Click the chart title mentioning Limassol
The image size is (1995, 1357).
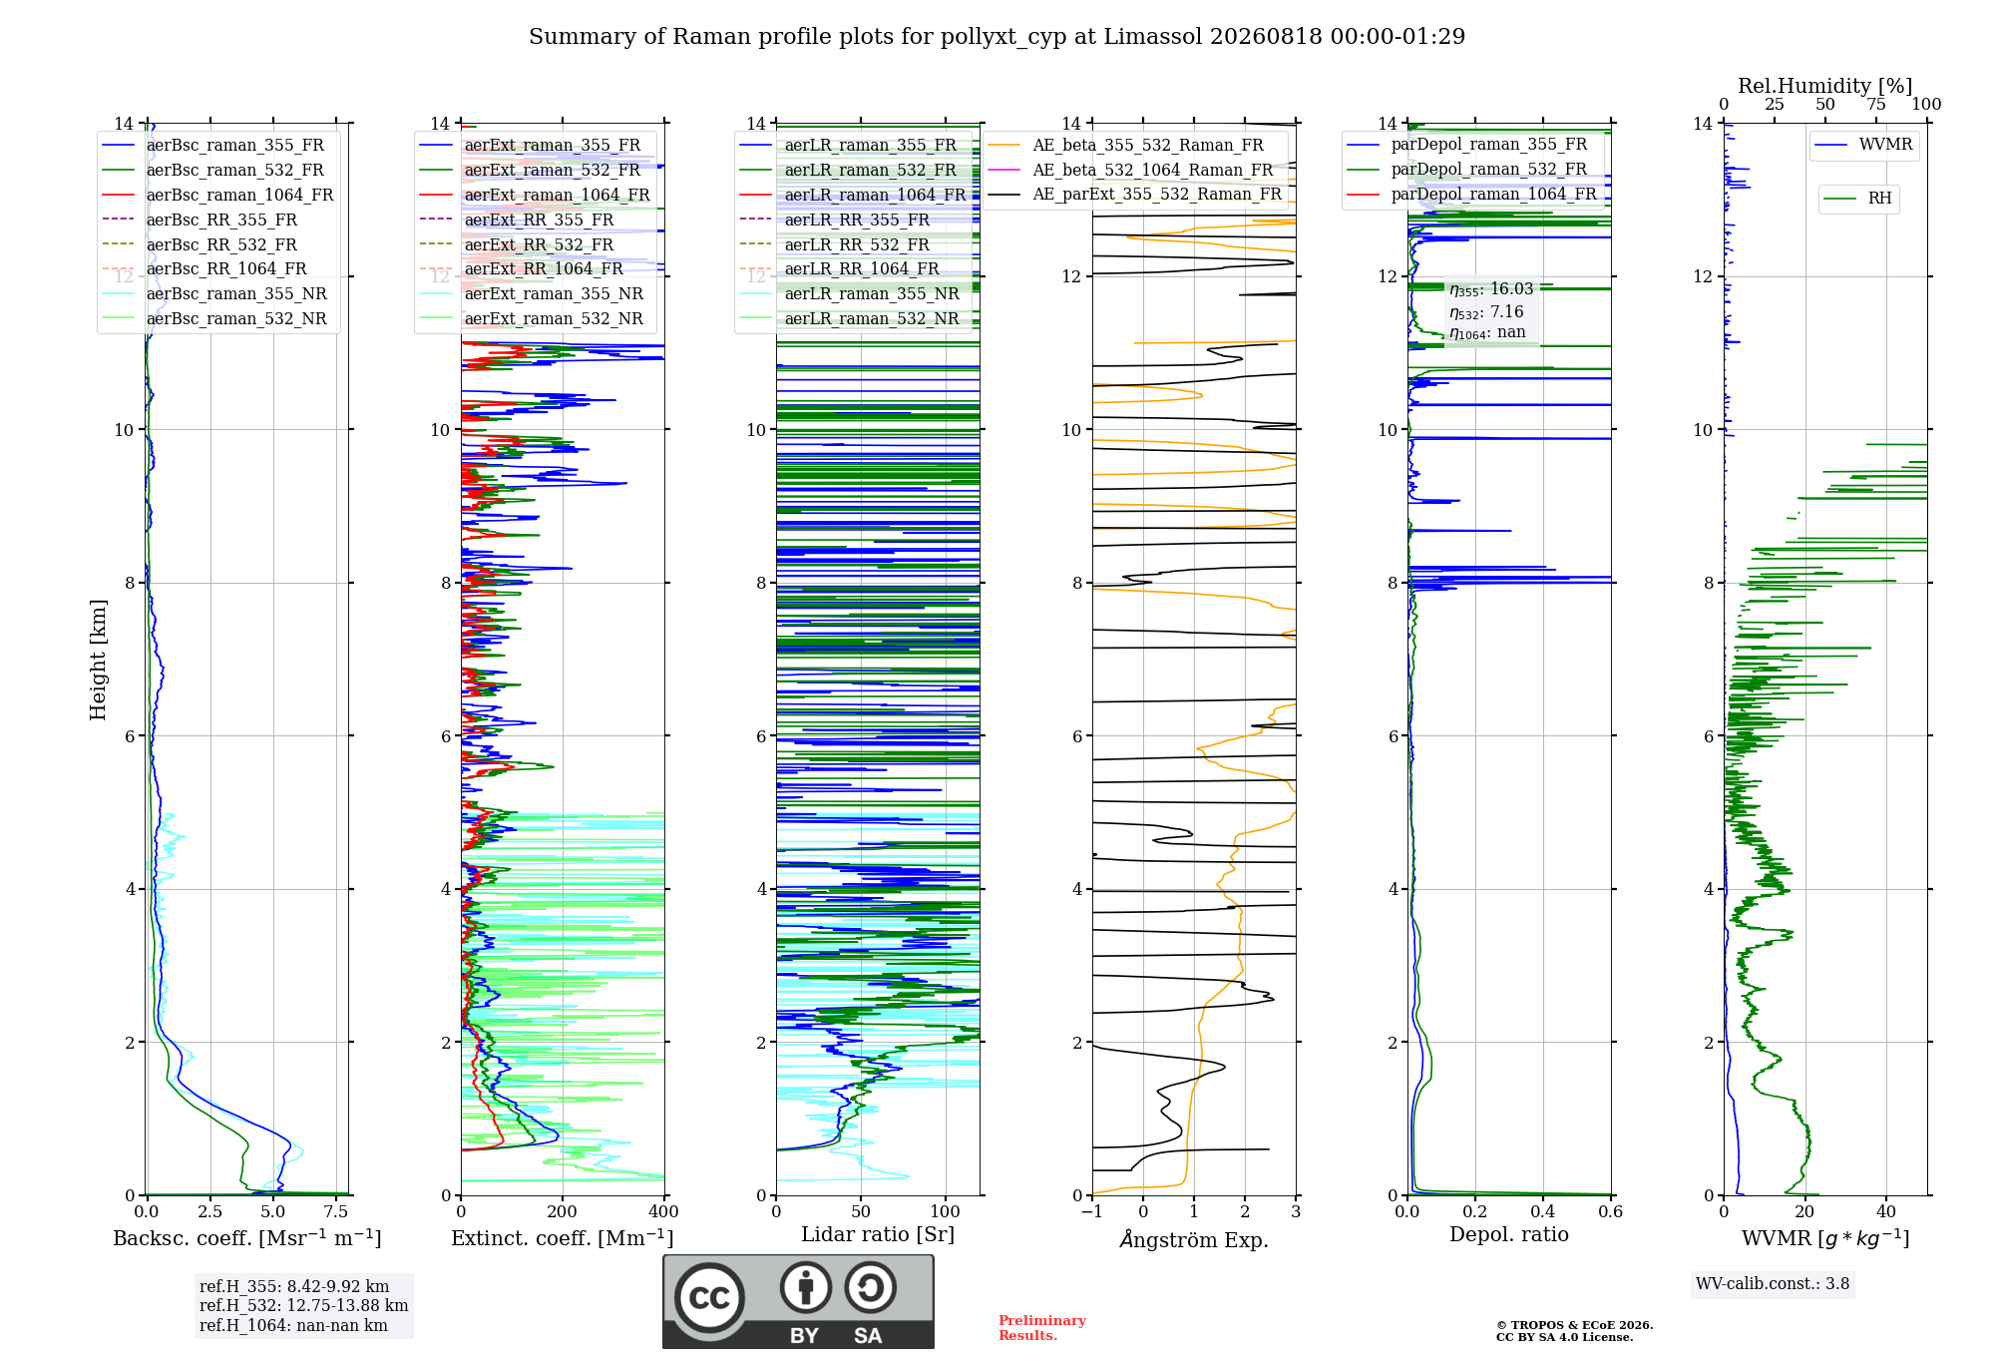[997, 37]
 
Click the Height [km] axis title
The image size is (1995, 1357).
[98, 660]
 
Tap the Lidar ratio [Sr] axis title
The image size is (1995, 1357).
[878, 1234]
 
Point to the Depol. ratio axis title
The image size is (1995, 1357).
[1509, 1234]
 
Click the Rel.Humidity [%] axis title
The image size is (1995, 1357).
[1825, 86]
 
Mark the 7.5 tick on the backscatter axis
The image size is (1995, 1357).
[337, 1211]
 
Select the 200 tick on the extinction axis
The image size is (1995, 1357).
[563, 1211]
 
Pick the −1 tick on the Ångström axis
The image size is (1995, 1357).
[1092, 1211]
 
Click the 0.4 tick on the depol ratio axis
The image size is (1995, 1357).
[1543, 1211]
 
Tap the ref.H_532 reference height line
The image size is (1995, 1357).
[304, 1305]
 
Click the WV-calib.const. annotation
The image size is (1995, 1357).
[1773, 1284]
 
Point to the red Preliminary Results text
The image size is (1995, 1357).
[1042, 1328]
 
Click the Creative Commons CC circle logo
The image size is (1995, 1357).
[710, 1298]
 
